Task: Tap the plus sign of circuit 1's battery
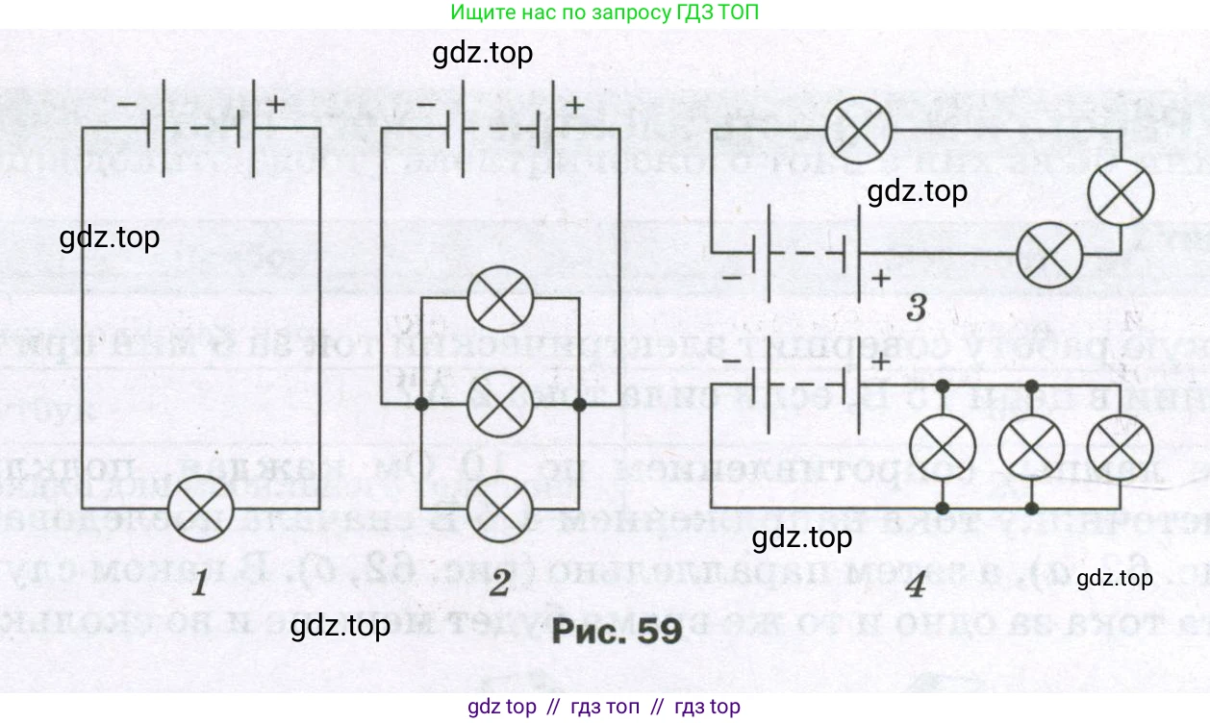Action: (x=276, y=105)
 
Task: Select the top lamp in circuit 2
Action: (x=500, y=299)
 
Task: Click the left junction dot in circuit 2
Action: (x=421, y=406)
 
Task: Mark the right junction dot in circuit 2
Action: (x=579, y=406)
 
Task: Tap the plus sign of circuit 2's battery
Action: (x=575, y=105)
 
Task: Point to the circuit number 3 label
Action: (x=916, y=310)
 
